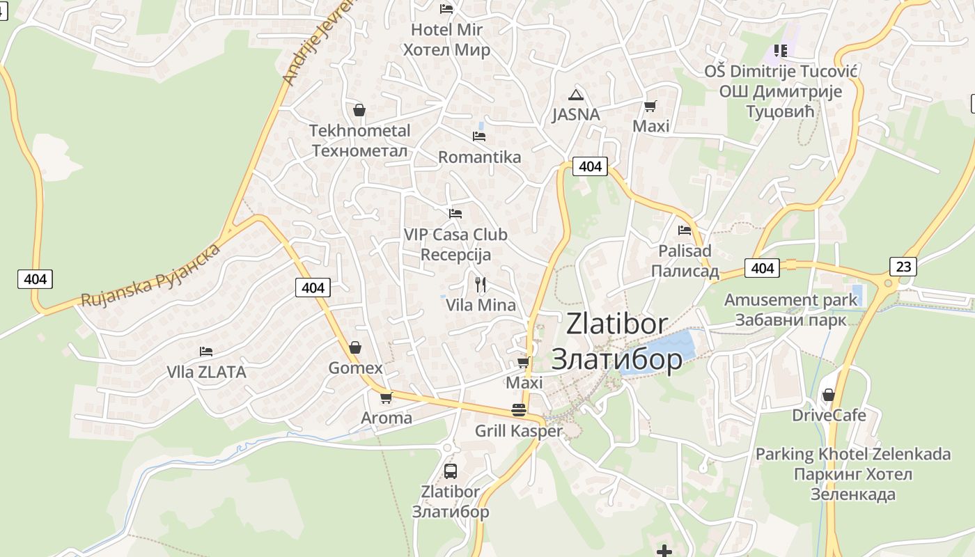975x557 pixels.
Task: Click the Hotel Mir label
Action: click(x=446, y=40)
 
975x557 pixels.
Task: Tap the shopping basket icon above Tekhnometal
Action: click(x=359, y=110)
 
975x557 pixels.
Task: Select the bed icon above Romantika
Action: click(x=479, y=136)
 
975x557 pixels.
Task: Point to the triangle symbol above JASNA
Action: click(x=575, y=95)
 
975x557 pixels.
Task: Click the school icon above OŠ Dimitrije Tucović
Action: click(x=780, y=50)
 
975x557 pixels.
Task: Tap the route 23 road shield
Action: click(x=903, y=266)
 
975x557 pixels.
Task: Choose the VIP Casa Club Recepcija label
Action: click(x=455, y=244)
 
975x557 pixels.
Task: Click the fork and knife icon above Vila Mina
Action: click(x=480, y=284)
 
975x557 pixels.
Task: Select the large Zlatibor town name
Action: click(x=617, y=341)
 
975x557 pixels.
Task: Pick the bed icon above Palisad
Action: click(x=685, y=230)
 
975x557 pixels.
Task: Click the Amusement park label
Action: click(x=790, y=310)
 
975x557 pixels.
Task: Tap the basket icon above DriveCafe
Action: click(x=828, y=395)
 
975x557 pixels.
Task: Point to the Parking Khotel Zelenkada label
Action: click(x=853, y=474)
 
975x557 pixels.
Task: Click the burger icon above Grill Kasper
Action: click(x=518, y=410)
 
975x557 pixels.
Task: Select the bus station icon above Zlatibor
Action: click(x=451, y=471)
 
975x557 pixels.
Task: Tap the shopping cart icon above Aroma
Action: click(x=386, y=398)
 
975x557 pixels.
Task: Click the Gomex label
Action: click(x=355, y=368)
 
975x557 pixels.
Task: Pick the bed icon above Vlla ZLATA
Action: click(x=205, y=352)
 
